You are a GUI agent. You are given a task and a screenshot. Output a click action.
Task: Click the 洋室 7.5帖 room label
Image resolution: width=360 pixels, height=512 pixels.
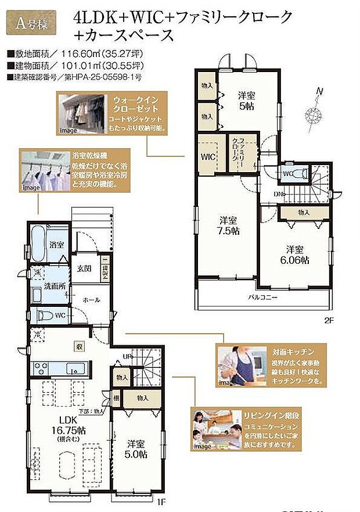[228, 225]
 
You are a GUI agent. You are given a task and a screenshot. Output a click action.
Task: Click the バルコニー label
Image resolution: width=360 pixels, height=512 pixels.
[264, 297]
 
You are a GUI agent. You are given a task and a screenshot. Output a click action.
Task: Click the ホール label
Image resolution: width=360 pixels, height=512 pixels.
[91, 300]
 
